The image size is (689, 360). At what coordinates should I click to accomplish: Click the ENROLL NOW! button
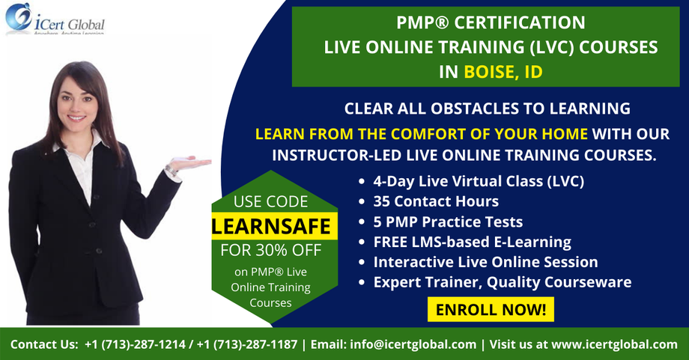[490, 308]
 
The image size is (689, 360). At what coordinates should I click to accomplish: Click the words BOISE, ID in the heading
[503, 73]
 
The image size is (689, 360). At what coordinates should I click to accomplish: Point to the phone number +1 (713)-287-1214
[137, 344]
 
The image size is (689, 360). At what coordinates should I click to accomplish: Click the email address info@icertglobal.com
[413, 344]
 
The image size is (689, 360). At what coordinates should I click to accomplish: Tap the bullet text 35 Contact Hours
[436, 201]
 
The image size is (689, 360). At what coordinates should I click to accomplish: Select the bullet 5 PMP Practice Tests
[448, 222]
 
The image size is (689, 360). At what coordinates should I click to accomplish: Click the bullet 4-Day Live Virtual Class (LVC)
[479, 181]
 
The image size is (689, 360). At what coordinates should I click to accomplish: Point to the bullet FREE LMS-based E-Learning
[472, 242]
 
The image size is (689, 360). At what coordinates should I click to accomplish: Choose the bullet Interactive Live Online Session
[485, 262]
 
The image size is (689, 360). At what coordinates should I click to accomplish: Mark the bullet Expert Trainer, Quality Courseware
[502, 282]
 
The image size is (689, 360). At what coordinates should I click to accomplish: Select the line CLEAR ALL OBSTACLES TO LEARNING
[487, 109]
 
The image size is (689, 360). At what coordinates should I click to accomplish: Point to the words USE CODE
[270, 201]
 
